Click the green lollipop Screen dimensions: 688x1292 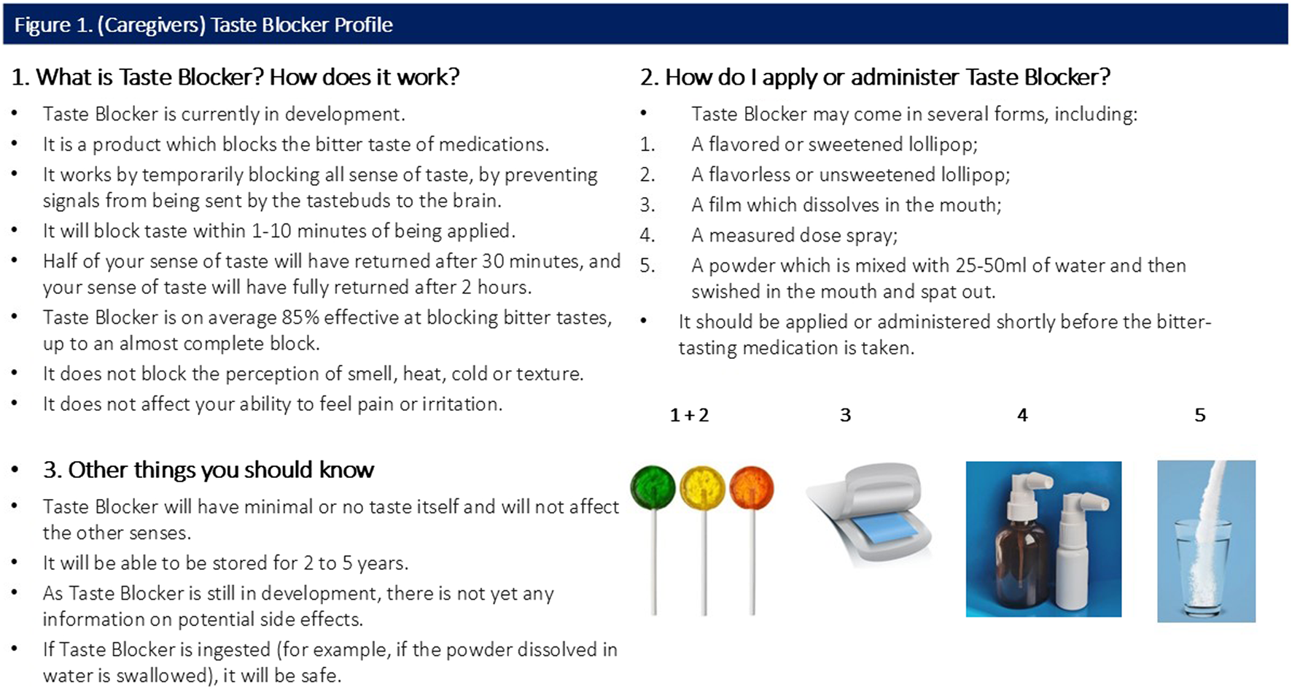coord(653,487)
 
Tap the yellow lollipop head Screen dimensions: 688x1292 coord(703,488)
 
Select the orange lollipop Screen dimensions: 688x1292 coord(752,488)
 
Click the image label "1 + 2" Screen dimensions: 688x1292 coord(689,415)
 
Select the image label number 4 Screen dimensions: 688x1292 coord(1022,415)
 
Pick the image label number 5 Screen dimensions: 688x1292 coord(1199,415)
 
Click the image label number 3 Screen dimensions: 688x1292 coord(845,415)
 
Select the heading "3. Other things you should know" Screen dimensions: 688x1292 coord(209,470)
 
